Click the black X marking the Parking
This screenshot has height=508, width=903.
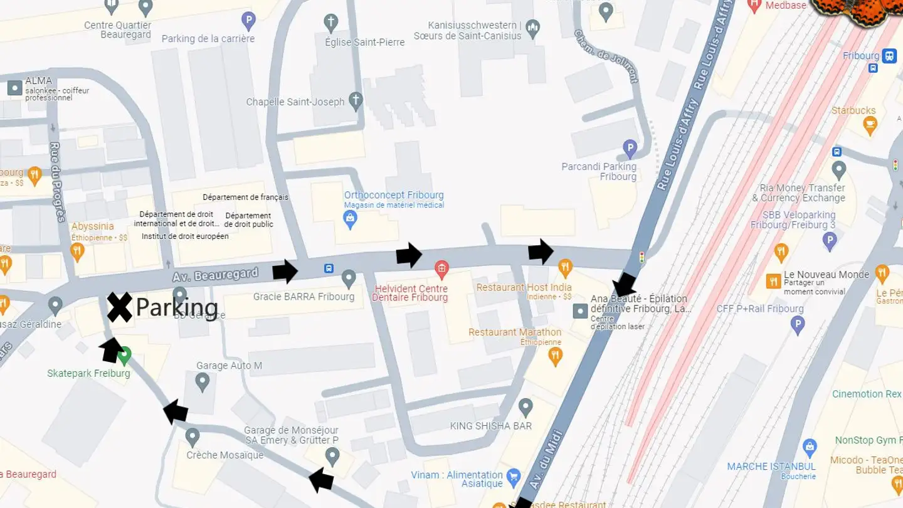tap(119, 307)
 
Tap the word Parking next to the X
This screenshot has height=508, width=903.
tap(177, 308)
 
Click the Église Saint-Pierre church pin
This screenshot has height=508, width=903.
tap(331, 24)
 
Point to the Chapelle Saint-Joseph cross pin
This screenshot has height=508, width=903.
tap(356, 101)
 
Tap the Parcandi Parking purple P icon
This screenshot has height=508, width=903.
tap(630, 149)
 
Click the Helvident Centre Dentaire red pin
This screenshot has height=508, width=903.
tap(442, 270)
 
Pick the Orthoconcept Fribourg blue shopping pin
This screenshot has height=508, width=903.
tap(350, 219)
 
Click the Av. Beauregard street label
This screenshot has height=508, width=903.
tap(216, 275)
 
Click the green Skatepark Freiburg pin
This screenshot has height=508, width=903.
tap(125, 356)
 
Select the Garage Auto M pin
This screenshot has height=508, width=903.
tap(202, 381)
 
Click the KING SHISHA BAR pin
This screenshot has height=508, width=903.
tap(525, 408)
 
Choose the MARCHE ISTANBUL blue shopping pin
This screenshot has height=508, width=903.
tap(810, 448)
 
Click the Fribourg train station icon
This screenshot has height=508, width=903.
tap(889, 56)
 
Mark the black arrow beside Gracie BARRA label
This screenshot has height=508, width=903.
tap(285, 272)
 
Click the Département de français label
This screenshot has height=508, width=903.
tap(245, 197)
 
